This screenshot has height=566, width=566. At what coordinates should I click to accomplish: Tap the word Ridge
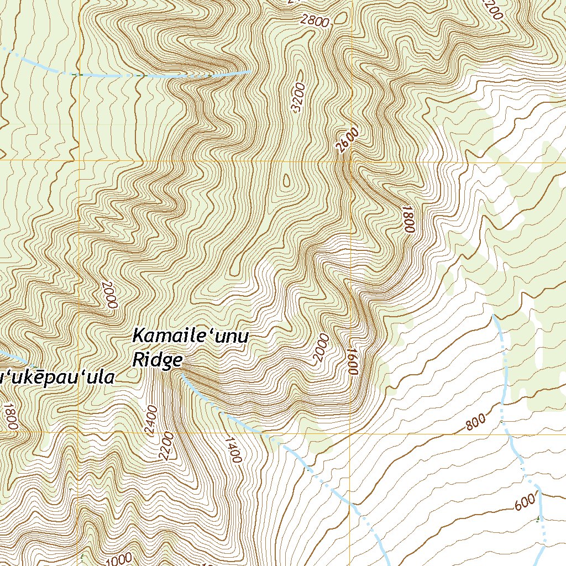(158, 360)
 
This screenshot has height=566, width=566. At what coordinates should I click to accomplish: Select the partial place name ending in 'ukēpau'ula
(57, 379)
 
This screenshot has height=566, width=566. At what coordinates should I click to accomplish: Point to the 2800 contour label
(315, 22)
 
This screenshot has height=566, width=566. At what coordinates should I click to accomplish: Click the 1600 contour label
(350, 362)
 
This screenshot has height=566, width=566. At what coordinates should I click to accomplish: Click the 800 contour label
(475, 422)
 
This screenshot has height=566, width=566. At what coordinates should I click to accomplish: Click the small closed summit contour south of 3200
(286, 180)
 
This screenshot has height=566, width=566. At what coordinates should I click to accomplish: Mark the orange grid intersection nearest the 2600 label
(350, 161)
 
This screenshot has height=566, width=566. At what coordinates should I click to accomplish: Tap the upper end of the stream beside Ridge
(183, 375)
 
